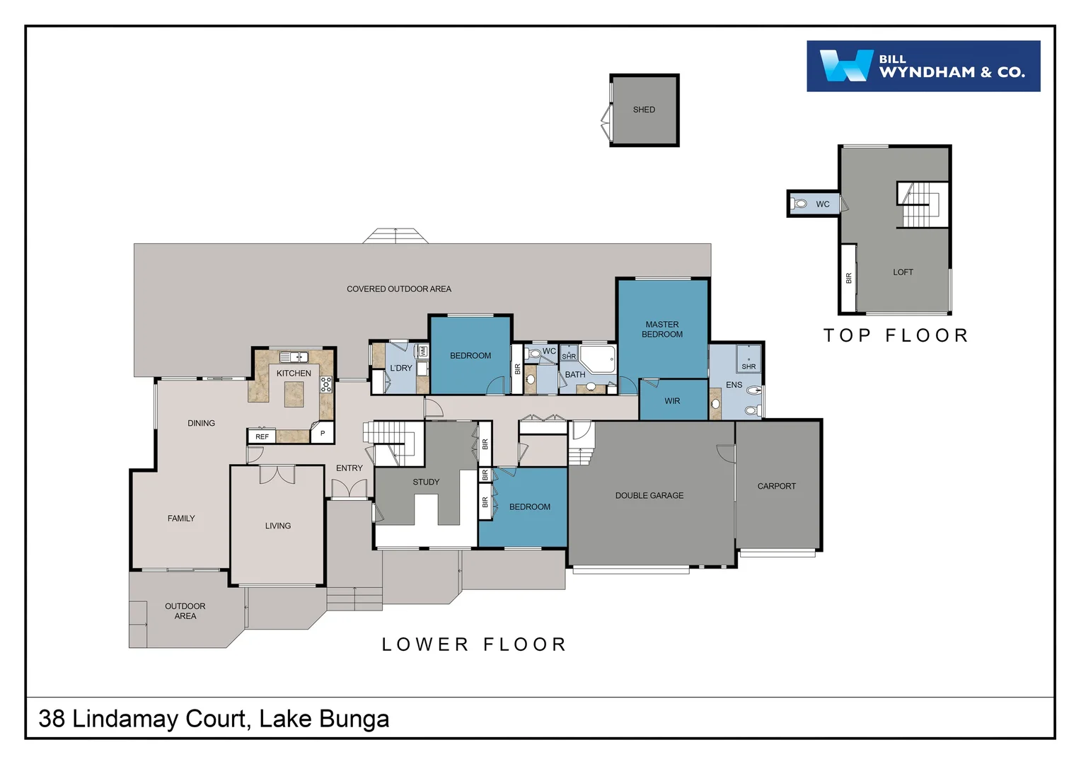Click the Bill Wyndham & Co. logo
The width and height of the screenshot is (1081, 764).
pos(923,66)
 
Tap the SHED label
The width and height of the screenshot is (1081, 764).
pos(644,110)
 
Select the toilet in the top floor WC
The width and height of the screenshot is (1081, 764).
pos(800,204)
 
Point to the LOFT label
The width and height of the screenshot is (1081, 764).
pos(903,272)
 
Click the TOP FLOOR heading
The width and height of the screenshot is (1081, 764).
pos(896,335)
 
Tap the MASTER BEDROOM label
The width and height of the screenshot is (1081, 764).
pos(662,330)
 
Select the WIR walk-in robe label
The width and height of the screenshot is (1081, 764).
pos(672,401)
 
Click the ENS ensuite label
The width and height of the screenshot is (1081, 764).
pos(734,385)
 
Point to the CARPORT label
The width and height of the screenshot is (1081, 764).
pos(776,486)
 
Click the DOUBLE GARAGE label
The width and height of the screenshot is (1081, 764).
pos(649,496)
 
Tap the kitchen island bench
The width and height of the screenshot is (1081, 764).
pos(294,394)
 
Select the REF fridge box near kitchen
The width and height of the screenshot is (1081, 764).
pos(262,436)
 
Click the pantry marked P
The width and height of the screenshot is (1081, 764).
pos(323,433)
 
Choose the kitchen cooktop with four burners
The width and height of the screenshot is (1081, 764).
pos(326,384)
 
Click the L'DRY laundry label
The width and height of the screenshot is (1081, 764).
pos(400,368)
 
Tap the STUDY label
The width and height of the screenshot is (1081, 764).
pos(426,482)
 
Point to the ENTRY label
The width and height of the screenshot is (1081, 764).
pos(349,468)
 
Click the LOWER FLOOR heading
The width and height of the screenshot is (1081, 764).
pos(474,644)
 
